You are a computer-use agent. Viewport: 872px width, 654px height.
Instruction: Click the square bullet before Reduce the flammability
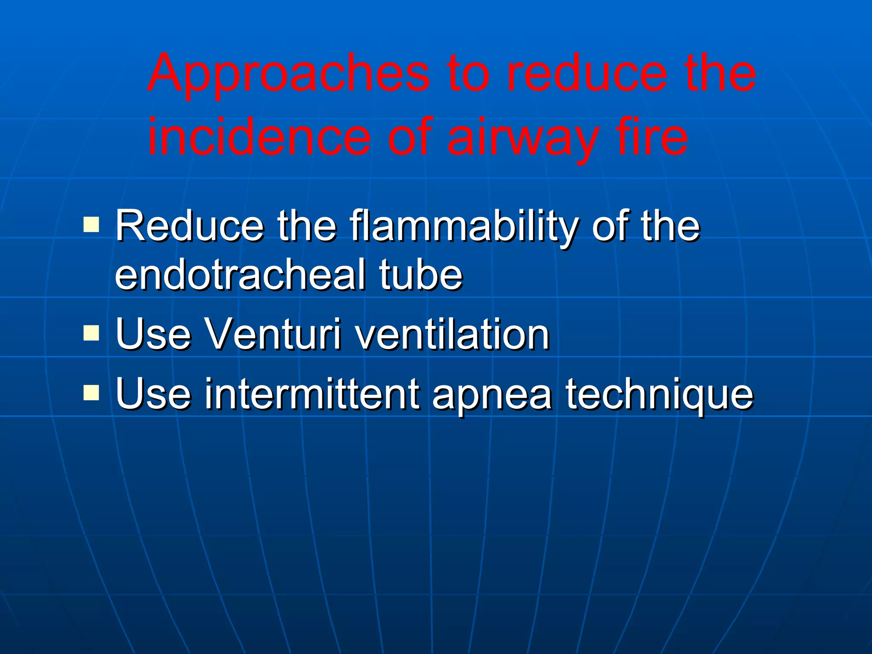(x=91, y=224)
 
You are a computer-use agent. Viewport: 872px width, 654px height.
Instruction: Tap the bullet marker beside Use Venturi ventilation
(x=91, y=333)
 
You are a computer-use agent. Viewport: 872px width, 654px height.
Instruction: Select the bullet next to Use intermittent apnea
(x=91, y=393)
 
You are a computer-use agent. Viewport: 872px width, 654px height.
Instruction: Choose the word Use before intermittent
(x=153, y=395)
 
